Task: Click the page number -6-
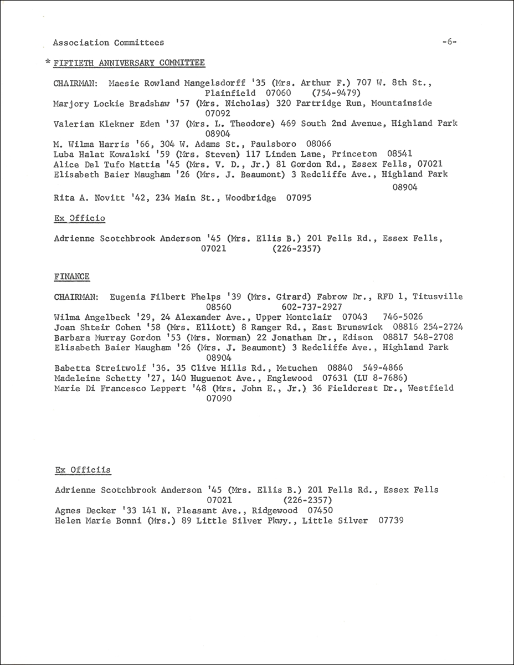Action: click(449, 42)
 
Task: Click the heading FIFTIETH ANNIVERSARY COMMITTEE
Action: click(128, 63)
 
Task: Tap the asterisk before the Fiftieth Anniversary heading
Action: click(48, 64)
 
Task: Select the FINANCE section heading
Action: click(72, 276)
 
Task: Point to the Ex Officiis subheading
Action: click(83, 470)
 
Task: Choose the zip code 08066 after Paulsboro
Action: click(302, 144)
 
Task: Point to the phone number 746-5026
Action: click(403, 317)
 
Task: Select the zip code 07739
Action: click(391, 520)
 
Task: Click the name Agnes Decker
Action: click(85, 510)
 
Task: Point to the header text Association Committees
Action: click(109, 42)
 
